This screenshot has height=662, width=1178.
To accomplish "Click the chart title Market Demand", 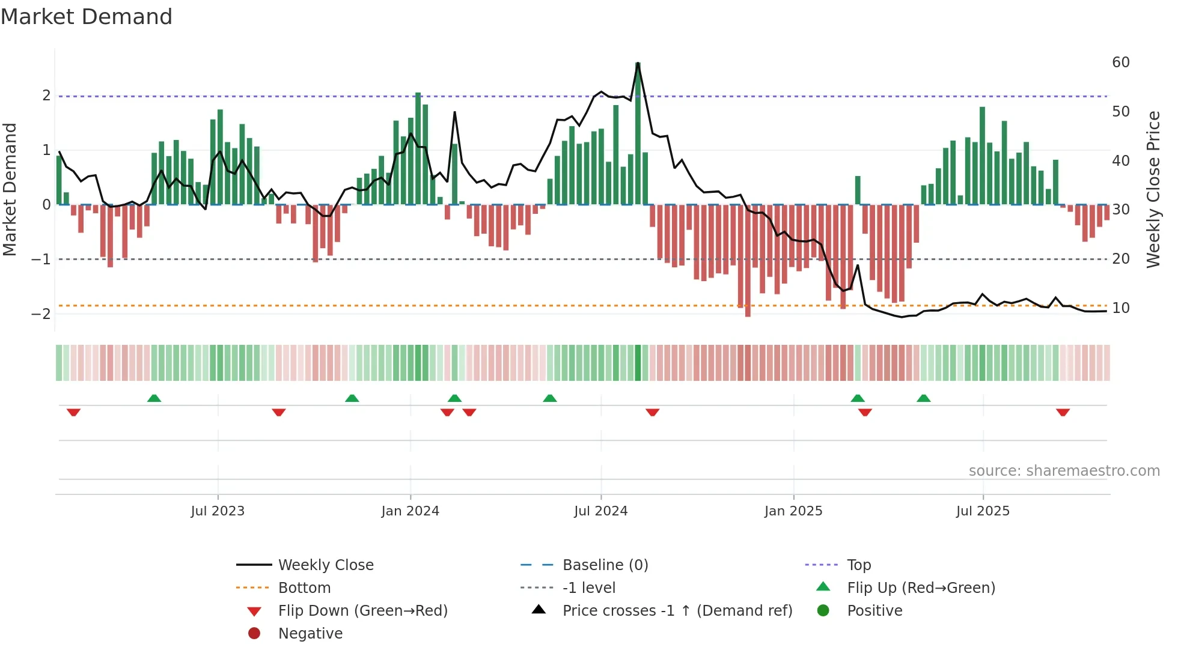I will [87, 17].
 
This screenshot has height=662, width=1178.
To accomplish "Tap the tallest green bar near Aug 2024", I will [638, 132].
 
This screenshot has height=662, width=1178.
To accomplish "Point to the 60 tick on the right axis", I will [1120, 62].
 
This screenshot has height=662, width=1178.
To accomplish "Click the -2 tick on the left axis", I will [41, 314].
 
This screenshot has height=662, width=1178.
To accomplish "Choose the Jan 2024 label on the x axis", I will [410, 511].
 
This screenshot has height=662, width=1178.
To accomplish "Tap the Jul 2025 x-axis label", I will [983, 511].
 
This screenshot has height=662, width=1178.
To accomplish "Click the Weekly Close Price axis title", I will [1153, 189].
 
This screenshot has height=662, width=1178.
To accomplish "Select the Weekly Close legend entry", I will [325, 565].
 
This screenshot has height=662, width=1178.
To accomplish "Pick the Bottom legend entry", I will [304, 588].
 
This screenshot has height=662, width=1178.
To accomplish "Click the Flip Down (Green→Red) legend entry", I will [362, 611].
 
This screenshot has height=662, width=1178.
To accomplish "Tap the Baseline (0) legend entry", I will [605, 565].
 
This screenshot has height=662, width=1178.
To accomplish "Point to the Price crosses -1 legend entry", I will [677, 611].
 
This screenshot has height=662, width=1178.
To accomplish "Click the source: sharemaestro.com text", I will [1064, 471].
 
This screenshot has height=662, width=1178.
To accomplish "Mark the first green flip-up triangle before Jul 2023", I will [154, 398].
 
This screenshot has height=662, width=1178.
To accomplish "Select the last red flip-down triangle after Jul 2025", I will [1063, 412].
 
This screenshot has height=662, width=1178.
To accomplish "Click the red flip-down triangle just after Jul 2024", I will [653, 412].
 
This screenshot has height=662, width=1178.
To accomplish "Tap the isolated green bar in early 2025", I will [858, 190].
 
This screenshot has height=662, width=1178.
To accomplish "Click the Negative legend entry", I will [310, 634].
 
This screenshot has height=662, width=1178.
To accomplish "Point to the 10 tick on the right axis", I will [1120, 308].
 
